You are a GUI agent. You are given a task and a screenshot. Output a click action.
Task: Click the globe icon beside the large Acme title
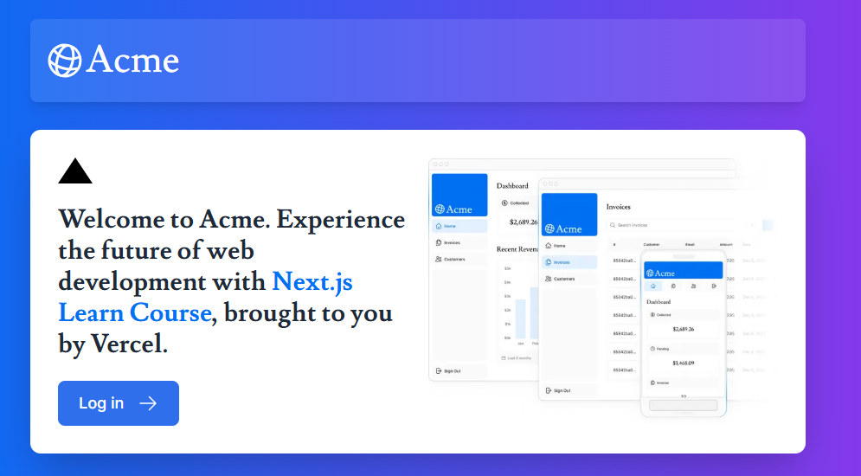click(65, 61)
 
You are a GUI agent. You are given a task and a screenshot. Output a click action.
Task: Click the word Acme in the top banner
click(132, 61)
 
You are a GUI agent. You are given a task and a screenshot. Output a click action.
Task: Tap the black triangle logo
click(75, 171)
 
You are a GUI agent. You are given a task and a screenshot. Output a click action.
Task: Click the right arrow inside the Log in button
click(148, 403)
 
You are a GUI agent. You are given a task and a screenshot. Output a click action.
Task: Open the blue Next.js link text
click(312, 282)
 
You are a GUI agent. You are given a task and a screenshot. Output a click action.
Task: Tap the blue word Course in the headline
click(170, 312)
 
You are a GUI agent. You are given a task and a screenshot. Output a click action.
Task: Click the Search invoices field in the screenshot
click(666, 225)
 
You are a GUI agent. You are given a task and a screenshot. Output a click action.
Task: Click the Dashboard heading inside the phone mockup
click(659, 302)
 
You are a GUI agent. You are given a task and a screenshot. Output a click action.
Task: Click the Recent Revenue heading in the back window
click(517, 249)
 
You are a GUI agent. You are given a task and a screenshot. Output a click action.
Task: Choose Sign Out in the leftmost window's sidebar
click(452, 370)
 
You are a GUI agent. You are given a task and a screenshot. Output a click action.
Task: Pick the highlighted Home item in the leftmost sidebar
click(450, 226)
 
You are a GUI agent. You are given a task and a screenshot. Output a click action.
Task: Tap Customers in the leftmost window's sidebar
click(453, 260)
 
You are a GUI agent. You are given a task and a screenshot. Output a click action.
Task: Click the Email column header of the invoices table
click(690, 245)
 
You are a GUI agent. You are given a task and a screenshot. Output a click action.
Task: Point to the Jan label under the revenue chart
click(521, 344)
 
